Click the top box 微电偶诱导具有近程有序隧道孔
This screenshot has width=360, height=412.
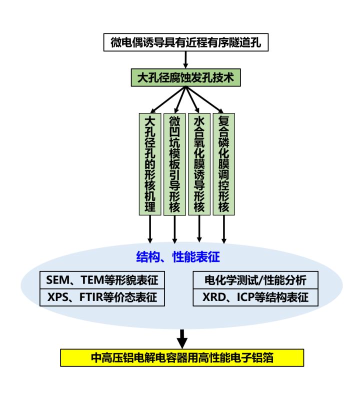pos(186,42)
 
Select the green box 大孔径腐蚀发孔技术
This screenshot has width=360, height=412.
pos(185,78)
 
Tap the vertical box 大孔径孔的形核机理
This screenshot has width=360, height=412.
pos(150,164)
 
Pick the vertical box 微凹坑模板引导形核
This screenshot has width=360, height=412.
pos(174,164)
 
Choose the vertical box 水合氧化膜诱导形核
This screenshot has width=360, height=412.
pos(199,164)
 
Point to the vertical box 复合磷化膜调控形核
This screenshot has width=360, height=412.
pos(223,164)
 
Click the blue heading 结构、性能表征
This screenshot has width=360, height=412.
pos(178,257)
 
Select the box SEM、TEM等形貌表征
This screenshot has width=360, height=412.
pos(102,279)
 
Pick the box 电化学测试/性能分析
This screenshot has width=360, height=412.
pos(255,279)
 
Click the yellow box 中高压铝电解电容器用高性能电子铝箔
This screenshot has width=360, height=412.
pos(182,357)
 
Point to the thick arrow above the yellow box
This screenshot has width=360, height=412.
pos(182,337)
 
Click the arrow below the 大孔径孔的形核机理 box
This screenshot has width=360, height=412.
pos(150,229)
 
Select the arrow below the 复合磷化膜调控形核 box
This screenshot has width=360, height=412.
pos(223,229)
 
